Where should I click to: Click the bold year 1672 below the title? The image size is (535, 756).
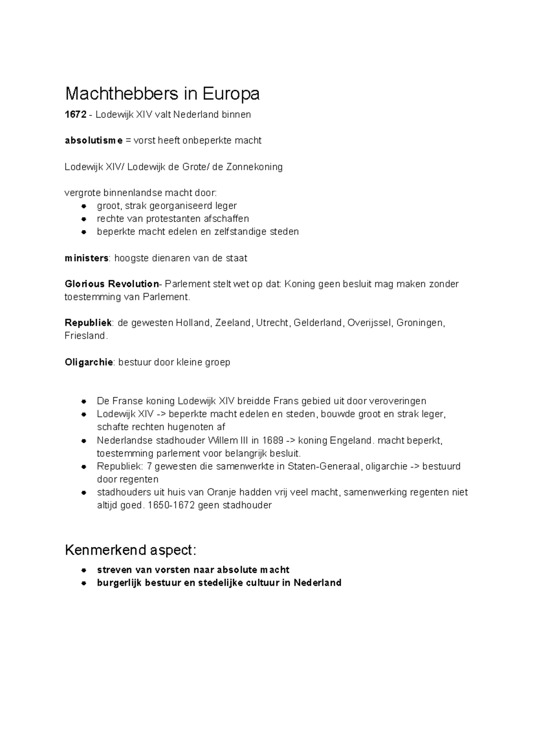(x=75, y=115)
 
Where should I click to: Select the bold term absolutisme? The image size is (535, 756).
(x=93, y=141)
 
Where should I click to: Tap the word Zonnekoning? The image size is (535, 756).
(x=255, y=167)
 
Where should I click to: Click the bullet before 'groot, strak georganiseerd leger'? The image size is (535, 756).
(x=83, y=206)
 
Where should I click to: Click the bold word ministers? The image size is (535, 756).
(x=86, y=258)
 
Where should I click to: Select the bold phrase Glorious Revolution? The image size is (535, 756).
(x=111, y=284)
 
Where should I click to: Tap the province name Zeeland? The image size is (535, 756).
(x=233, y=323)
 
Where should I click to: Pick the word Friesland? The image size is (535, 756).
(x=86, y=336)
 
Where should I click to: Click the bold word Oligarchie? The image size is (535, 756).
(x=89, y=362)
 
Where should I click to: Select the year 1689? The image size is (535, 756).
(x=273, y=440)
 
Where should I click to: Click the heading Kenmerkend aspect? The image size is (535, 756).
(x=130, y=551)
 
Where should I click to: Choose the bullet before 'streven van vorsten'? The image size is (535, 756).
(x=83, y=570)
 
